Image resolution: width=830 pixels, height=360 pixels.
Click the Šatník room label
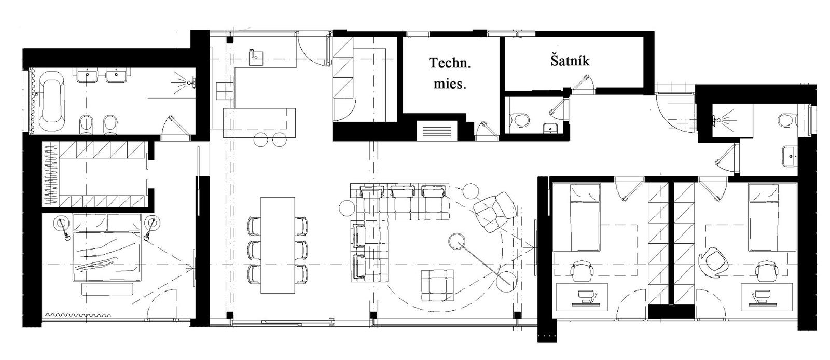(x=570, y=60)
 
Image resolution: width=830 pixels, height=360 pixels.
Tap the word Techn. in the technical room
(x=450, y=63)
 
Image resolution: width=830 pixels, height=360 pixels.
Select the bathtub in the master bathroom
(x=51, y=101)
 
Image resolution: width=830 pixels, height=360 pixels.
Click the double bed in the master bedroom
(x=107, y=247)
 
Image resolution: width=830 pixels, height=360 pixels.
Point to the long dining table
(x=278, y=245)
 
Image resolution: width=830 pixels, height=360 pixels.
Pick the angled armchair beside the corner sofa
(x=495, y=212)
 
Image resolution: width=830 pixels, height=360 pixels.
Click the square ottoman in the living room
(x=438, y=285)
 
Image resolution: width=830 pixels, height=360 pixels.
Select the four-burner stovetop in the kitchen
(x=225, y=91)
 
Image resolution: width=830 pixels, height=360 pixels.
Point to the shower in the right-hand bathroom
(x=732, y=121)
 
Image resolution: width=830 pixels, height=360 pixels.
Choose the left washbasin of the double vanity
(x=88, y=76)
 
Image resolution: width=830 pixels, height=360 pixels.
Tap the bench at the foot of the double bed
(x=107, y=289)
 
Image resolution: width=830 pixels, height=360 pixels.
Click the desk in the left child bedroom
(x=582, y=297)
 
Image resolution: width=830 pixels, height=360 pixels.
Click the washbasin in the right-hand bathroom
(x=789, y=156)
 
